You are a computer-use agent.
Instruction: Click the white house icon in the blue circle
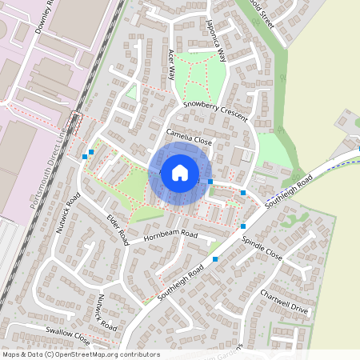(x=180, y=173)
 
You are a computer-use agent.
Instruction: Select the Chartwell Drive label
(x=283, y=301)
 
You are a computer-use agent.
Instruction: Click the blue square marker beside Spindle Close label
(x=243, y=226)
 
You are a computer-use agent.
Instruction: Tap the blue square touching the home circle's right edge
(x=210, y=182)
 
